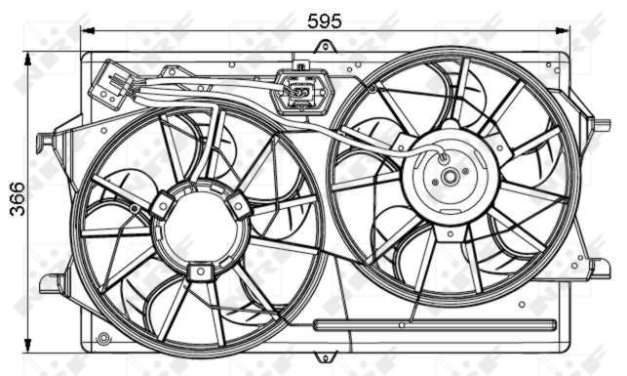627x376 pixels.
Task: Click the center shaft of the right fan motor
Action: tap(450, 177)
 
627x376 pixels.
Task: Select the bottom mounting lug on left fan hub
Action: tap(200, 271)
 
